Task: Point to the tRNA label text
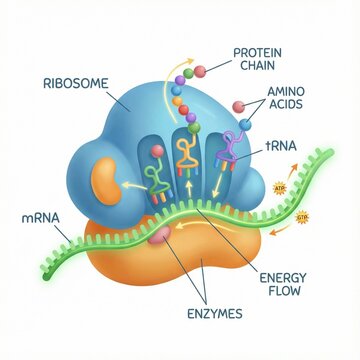283,145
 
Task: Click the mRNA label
35,216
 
